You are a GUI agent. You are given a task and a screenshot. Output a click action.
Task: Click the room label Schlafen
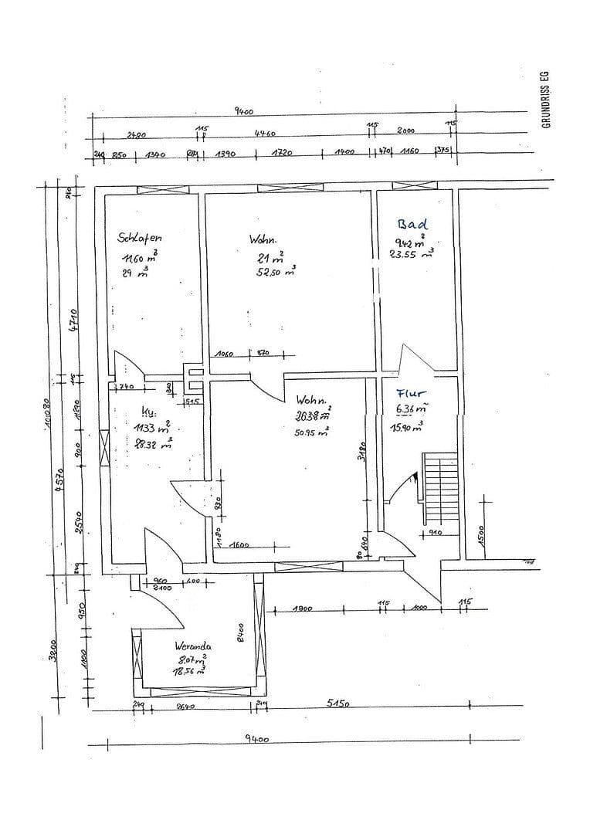(x=140, y=238)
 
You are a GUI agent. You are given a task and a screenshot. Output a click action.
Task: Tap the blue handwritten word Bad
(x=412, y=224)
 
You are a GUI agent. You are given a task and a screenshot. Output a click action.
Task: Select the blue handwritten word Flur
(x=411, y=393)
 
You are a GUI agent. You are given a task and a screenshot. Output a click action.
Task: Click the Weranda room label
(x=193, y=646)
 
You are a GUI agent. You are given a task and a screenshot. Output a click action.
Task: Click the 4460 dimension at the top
(x=265, y=134)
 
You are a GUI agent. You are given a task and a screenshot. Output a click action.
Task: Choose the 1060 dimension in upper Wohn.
(x=225, y=354)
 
